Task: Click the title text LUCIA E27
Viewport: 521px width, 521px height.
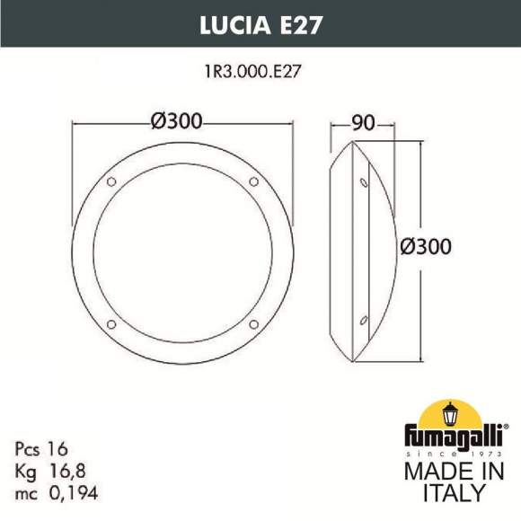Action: coord(260,23)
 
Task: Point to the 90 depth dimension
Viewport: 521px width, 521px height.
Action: coord(363,124)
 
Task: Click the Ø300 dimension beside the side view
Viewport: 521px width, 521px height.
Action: coord(425,246)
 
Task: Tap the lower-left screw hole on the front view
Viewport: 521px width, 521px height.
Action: coord(111,322)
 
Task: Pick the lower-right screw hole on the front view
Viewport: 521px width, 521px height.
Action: coord(252,322)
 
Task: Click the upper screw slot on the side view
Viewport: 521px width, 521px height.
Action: coord(363,183)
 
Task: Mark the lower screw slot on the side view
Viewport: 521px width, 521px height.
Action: coord(363,318)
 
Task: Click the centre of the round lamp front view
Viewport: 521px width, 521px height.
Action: coord(181,252)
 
